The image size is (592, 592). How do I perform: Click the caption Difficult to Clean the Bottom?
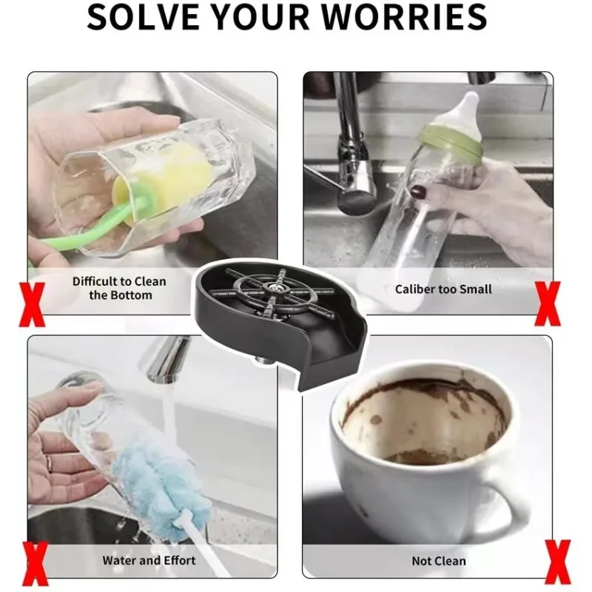pyautogui.click(x=119, y=288)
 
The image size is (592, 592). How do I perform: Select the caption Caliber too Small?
pyautogui.click(x=443, y=289)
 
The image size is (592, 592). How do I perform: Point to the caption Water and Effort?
pyautogui.click(x=149, y=560)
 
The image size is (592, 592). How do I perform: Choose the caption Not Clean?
pyautogui.click(x=439, y=561)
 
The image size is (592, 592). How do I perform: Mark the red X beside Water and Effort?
pyautogui.click(x=35, y=564)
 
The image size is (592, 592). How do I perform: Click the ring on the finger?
pyautogui.click(x=48, y=462)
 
